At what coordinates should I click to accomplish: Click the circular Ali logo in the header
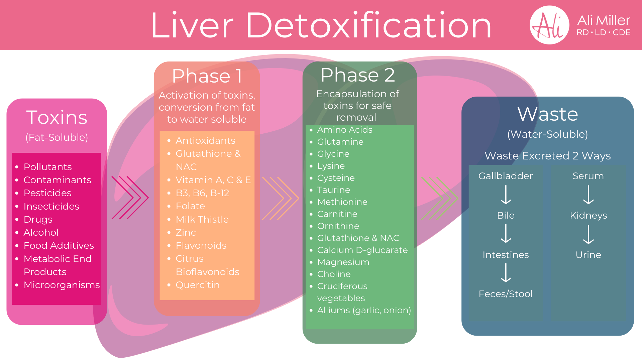point(549,25)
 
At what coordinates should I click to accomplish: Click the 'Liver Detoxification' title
point(321,25)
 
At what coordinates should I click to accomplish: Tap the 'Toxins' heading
point(57,117)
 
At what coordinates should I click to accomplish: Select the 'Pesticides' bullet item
point(47,193)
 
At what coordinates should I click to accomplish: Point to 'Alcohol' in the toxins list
point(41,232)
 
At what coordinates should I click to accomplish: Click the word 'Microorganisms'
point(62,285)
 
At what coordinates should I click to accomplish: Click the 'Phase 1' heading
point(207,76)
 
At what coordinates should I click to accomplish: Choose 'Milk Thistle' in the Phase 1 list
point(202,219)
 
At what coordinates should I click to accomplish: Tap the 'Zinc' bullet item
point(186,232)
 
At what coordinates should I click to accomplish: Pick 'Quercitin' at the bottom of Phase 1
point(198,285)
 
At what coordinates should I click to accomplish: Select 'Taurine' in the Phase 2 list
point(334,190)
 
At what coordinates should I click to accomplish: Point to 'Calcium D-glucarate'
point(362,250)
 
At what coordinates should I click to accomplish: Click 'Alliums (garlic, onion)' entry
point(364,310)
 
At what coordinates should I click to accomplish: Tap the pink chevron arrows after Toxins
point(130,198)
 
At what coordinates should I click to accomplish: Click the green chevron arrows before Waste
point(439,198)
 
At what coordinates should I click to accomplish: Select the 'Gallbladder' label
point(506,176)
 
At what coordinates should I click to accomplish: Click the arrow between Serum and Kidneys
point(588,195)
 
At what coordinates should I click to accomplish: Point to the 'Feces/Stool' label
point(506,294)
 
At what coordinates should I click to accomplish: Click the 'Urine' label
point(588,255)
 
